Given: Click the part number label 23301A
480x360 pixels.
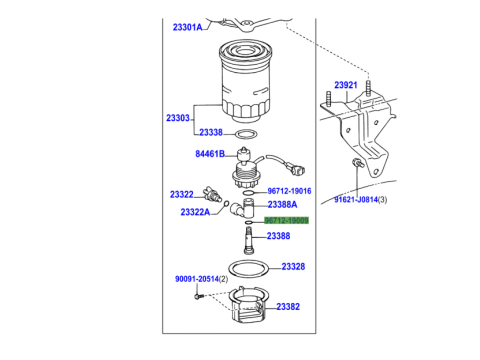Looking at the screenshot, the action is [187, 27].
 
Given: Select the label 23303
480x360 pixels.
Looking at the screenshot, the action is [178, 118].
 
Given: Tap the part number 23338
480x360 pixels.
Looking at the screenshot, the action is [211, 132].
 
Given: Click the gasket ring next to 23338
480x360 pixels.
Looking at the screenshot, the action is [246, 134].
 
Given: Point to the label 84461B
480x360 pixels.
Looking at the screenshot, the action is [210, 154].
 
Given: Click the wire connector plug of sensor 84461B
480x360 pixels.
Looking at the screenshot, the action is [297, 169].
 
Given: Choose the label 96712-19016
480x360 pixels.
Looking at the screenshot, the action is [289, 191].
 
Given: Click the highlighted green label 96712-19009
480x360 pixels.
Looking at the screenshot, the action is [286, 220].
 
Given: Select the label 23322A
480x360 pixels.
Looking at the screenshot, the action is [195, 212].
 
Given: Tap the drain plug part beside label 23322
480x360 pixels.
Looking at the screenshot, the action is [212, 194].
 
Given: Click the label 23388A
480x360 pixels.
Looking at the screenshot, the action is [282, 204].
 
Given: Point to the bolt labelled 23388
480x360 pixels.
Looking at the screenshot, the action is [248, 240].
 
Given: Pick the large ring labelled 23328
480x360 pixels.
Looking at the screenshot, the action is [249, 268].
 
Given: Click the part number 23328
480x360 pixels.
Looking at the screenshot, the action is [293, 266].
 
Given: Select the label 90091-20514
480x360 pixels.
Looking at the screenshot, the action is [197, 279].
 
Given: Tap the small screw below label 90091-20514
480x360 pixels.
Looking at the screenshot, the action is [198, 296].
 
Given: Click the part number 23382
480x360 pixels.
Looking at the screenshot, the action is [288, 306].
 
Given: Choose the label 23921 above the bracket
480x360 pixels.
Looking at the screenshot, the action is [346, 85].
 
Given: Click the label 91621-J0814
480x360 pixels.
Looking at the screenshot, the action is [356, 199].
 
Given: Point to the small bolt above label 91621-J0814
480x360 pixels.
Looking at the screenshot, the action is [357, 163].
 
